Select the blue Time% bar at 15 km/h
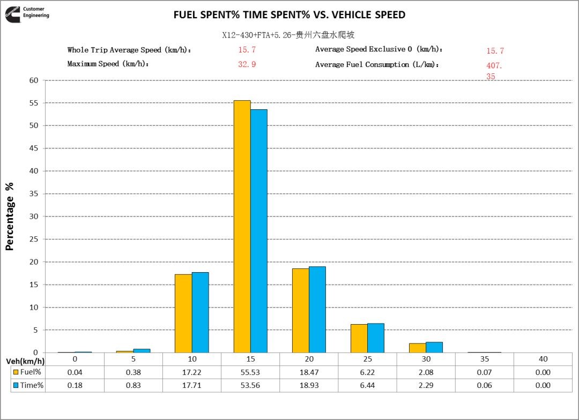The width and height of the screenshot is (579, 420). pos(259,231)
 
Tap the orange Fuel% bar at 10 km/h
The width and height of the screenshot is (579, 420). pos(183,313)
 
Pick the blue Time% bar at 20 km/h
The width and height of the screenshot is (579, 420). pos(317,310)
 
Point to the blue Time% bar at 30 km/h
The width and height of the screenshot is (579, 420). pos(434,347)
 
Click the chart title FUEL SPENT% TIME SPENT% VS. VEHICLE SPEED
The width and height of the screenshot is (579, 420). pos(289,15)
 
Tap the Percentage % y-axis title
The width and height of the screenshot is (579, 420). pos(9,216)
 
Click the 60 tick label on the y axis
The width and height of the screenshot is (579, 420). pos(34,80)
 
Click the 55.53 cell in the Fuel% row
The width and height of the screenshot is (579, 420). pos(250,372)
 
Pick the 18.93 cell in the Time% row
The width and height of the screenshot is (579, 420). pos(309,385)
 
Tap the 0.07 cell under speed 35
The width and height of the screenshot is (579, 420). pos(484,372)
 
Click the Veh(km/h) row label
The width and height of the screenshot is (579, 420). pos(25,359)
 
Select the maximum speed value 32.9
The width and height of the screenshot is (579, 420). pos(247,64)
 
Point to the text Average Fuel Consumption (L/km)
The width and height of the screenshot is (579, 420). pos(377,64)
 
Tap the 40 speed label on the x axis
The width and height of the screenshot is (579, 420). pos(543,359)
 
